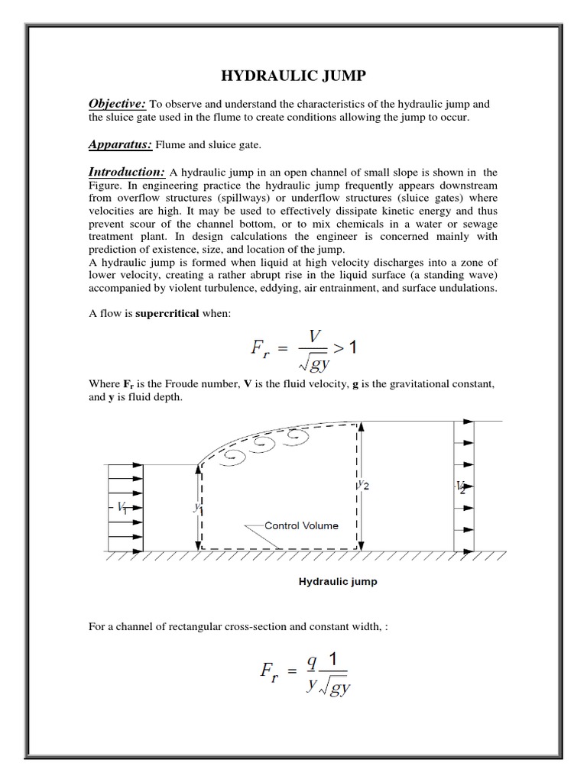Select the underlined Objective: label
click(x=117, y=103)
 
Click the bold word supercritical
click(x=167, y=313)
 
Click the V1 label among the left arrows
click(x=122, y=508)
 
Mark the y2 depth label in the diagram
click(x=364, y=485)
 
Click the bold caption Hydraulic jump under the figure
click(x=337, y=581)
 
